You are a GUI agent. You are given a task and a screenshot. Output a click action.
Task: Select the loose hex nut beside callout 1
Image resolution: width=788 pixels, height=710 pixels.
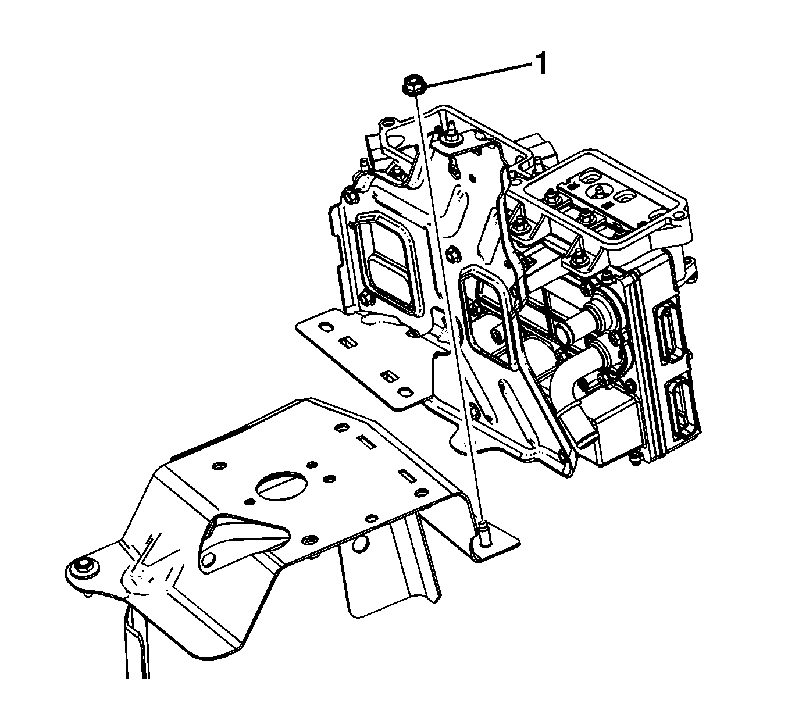pyautogui.click(x=413, y=84)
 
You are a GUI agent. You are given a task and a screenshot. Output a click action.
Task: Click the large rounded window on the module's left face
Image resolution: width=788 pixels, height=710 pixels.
pyautogui.click(x=389, y=266)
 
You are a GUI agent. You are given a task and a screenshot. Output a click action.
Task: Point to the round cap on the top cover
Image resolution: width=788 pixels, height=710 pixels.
pyautogui.click(x=598, y=191)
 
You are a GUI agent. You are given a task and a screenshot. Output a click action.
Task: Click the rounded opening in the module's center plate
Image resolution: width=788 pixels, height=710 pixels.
pyautogui.click(x=487, y=318)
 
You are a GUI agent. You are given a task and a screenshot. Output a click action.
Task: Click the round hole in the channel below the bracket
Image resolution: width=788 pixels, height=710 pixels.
pyautogui.click(x=360, y=544)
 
